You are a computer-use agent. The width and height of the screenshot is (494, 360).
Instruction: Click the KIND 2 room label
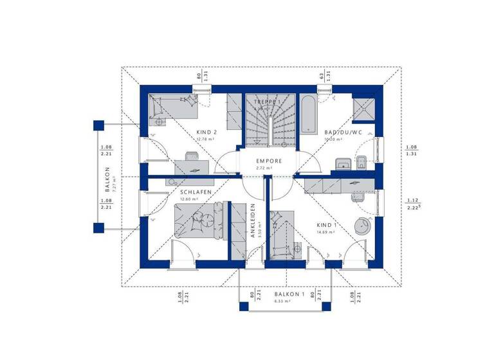(x=206, y=132)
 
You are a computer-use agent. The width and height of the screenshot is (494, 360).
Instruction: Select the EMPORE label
(x=268, y=161)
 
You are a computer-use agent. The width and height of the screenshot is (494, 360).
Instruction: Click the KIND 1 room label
(x=327, y=225)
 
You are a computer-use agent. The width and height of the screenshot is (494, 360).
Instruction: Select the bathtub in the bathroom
(x=307, y=116)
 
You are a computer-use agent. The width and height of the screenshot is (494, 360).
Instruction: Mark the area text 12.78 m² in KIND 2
(x=205, y=139)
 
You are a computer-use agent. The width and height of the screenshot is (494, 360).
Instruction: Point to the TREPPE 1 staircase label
(x=267, y=102)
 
